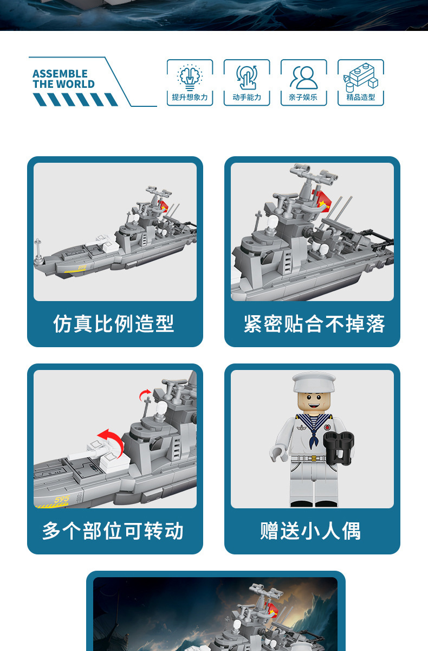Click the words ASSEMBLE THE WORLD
[x=63, y=79]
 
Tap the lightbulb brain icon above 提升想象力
[x=190, y=77]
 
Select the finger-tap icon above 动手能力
[x=247, y=77]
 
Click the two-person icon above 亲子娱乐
[x=303, y=77]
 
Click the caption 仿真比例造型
[x=113, y=323]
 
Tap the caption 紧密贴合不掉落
[x=314, y=323]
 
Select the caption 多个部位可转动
[x=113, y=531]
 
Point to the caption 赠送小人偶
[x=310, y=531]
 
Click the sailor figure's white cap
[x=314, y=382]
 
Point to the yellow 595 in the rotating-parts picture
[x=62, y=500]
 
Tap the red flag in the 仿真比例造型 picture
[x=163, y=206]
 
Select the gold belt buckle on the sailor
[x=314, y=458]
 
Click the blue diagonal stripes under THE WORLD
[x=75, y=99]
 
